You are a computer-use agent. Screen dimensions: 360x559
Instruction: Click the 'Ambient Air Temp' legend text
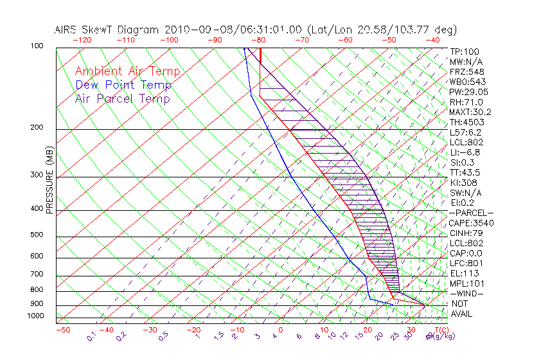coord(127,71)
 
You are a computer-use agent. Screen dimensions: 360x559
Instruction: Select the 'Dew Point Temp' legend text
coord(123,85)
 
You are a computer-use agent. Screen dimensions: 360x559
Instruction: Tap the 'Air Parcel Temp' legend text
coord(122,98)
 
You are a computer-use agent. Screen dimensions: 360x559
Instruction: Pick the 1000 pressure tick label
coord(36,316)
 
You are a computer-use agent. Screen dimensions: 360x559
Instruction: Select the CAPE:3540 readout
coord(472,222)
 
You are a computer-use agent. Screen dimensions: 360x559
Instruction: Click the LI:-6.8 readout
coord(465,152)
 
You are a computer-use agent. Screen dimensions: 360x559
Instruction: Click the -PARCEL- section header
coord(472,213)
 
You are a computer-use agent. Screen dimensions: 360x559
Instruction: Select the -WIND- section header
coord(467,293)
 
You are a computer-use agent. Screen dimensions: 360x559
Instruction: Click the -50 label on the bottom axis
coord(62,330)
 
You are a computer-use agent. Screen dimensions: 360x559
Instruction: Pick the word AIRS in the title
coord(66,30)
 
